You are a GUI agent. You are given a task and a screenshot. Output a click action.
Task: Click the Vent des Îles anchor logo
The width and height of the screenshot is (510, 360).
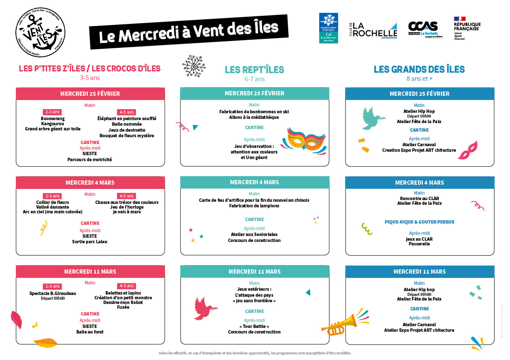pyautogui.click(x=41, y=34)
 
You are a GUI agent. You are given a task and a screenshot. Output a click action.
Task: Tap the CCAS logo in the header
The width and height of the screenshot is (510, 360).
pyautogui.click(x=423, y=29)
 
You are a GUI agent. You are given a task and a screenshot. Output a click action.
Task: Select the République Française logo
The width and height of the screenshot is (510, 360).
pyautogui.click(x=467, y=29)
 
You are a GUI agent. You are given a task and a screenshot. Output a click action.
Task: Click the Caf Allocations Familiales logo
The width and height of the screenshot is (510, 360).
pyautogui.click(x=328, y=28)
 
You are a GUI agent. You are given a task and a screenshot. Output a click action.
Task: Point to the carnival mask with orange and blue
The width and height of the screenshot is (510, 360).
pyautogui.click(x=306, y=141)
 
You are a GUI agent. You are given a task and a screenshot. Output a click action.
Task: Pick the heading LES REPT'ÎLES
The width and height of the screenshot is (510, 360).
pyautogui.click(x=254, y=70)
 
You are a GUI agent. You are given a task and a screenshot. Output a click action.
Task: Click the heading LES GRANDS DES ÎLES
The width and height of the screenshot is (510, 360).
pyautogui.click(x=419, y=69)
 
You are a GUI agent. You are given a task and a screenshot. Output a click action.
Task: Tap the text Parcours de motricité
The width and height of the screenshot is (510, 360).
pyautogui.click(x=89, y=159)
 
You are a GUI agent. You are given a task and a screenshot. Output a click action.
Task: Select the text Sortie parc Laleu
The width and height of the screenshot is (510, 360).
pyautogui.click(x=89, y=242)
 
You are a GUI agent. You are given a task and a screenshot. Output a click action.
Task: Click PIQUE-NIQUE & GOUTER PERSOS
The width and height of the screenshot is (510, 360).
pyautogui.click(x=419, y=222)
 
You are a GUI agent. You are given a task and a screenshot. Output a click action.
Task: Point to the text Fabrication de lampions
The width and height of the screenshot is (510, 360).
pyautogui.click(x=254, y=206)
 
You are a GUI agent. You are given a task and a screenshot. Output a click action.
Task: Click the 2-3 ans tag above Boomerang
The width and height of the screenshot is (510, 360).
pyautogui.click(x=52, y=112)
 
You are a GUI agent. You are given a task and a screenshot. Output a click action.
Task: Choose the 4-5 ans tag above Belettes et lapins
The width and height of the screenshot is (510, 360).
pyautogui.click(x=126, y=286)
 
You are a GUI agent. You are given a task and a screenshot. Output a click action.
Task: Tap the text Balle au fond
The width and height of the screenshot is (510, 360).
pyautogui.click(x=89, y=332)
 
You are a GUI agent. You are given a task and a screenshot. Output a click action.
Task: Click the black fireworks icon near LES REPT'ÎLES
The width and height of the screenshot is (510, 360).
pyautogui.click(x=193, y=66)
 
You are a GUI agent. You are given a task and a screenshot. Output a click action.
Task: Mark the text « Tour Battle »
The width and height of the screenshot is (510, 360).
pyautogui.click(x=254, y=326)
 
